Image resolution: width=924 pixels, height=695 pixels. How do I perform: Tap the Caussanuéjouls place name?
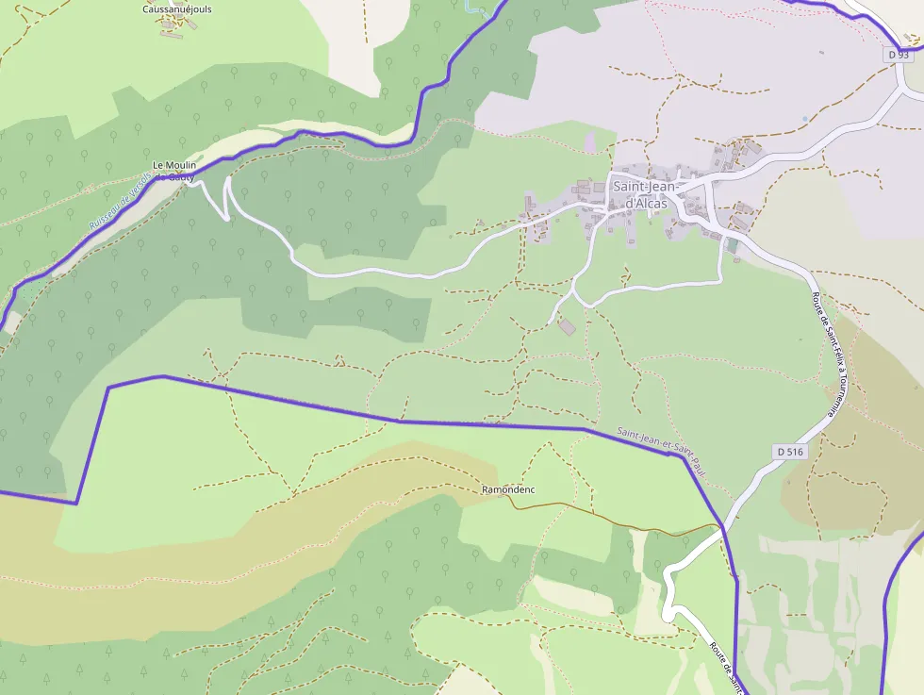(x=176, y=9)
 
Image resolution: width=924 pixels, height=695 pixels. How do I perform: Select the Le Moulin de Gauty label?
(x=173, y=170)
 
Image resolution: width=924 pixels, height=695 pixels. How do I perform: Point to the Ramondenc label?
(x=508, y=490)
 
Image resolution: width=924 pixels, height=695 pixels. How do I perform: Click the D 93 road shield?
(x=899, y=56)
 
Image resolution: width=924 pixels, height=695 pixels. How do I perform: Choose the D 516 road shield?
(x=791, y=452)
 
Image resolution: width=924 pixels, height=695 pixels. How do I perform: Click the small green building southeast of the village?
(x=733, y=245)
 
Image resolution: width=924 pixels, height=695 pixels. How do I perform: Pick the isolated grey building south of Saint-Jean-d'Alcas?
(x=566, y=326)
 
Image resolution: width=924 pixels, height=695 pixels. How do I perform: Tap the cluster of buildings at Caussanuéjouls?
(x=175, y=25)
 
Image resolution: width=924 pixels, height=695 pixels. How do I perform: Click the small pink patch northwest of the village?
(x=590, y=143)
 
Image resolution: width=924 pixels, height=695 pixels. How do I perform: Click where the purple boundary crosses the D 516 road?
(x=722, y=527)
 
